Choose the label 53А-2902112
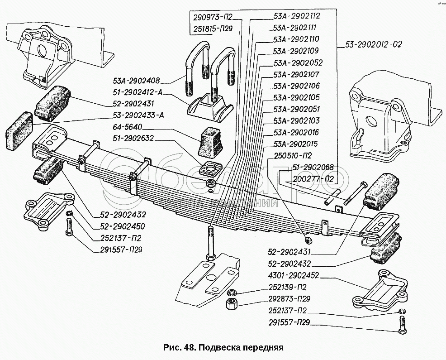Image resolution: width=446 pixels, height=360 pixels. click(x=295, y=15)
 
